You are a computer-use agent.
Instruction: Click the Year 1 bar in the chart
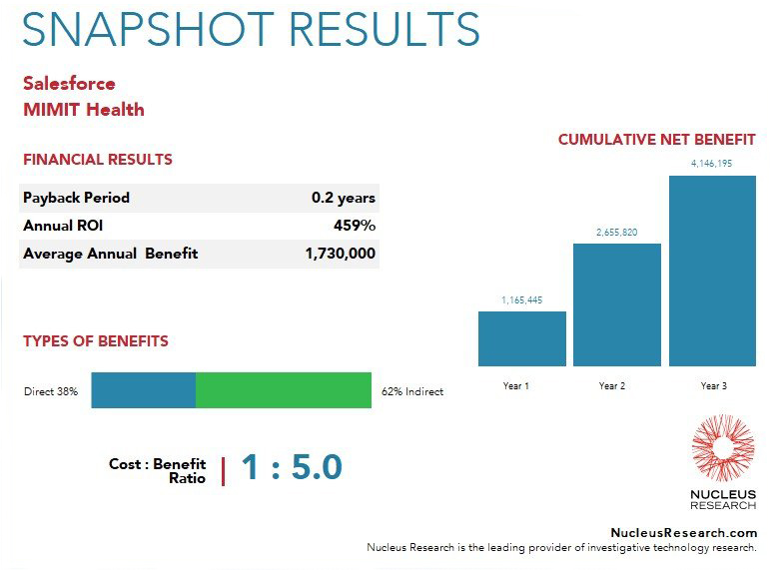(x=522, y=338)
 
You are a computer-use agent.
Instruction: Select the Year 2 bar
(x=616, y=304)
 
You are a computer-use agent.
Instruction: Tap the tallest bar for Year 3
(x=713, y=271)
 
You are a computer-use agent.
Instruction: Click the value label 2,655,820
(x=616, y=233)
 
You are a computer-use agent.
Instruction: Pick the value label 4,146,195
(x=712, y=164)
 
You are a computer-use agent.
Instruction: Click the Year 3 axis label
(x=713, y=385)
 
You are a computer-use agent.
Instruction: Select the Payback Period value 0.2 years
(x=343, y=198)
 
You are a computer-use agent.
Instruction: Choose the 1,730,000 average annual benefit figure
(x=340, y=254)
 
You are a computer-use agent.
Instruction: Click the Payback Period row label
(x=76, y=198)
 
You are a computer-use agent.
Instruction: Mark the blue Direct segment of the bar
(x=143, y=390)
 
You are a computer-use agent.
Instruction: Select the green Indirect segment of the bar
(x=284, y=390)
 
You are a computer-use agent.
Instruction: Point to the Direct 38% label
(x=51, y=391)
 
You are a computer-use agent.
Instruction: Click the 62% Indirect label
(x=412, y=391)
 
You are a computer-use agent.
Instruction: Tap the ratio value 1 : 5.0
(x=292, y=467)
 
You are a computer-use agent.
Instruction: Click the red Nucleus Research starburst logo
(x=723, y=449)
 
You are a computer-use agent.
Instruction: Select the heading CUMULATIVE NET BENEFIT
(x=657, y=140)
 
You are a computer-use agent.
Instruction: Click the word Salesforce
(x=69, y=83)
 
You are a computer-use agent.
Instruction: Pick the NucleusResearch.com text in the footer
(x=684, y=533)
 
